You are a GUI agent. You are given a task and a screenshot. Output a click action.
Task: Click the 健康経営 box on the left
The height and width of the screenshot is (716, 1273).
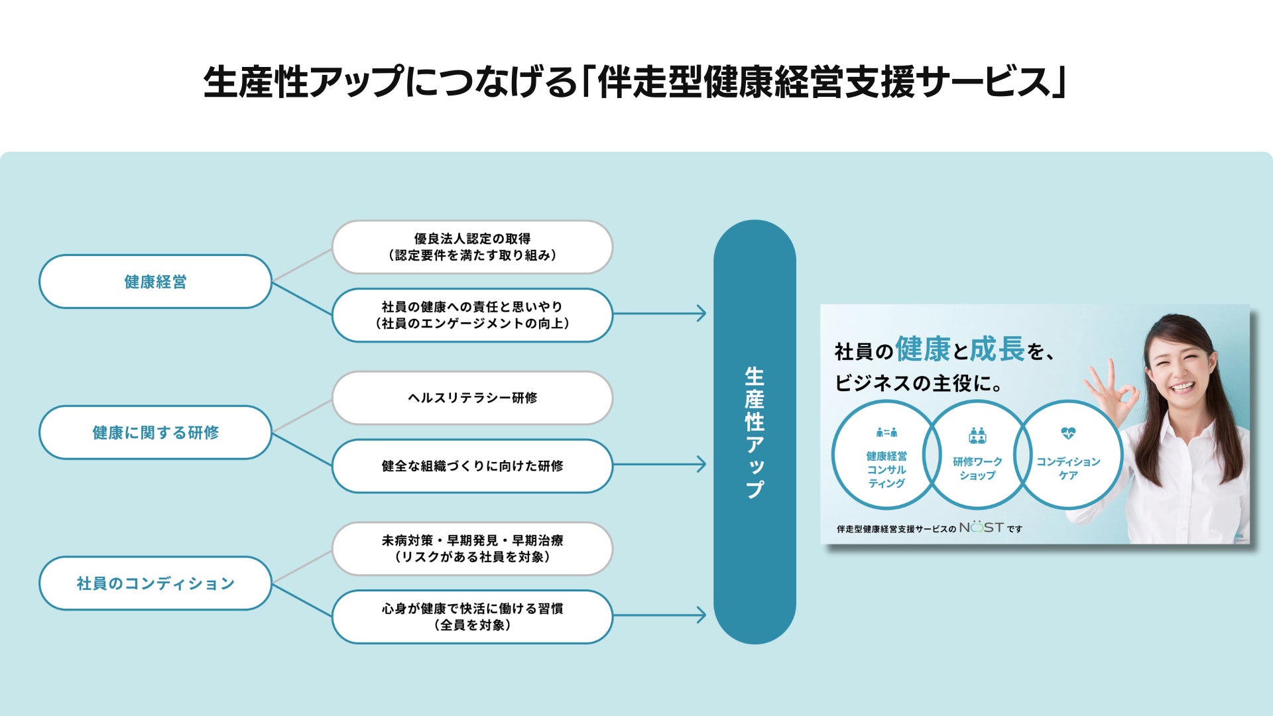pos(155,282)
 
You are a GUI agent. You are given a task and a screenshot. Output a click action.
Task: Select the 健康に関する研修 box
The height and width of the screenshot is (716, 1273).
pos(155,432)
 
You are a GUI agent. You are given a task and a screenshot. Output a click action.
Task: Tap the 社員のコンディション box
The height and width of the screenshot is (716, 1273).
pos(155,583)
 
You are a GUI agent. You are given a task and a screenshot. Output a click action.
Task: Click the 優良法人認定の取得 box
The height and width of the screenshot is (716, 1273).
pos(472,247)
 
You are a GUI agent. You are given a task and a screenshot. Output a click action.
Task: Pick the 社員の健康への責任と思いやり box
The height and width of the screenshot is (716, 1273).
pos(472,315)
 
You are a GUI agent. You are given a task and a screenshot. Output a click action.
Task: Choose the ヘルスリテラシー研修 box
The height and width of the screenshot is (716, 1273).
pos(472,398)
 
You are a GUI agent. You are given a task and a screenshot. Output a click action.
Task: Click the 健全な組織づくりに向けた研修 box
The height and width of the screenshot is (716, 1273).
pos(472,466)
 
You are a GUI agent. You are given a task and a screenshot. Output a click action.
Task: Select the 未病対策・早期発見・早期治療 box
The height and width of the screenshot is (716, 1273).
pos(472,549)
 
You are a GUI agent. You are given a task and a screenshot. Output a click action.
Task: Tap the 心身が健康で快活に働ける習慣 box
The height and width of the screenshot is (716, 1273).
pos(472,617)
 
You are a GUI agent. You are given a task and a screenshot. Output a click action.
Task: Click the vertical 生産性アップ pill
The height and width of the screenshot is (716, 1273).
pos(755,432)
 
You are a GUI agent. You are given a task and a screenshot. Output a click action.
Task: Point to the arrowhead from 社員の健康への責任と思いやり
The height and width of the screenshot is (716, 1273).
pos(701,313)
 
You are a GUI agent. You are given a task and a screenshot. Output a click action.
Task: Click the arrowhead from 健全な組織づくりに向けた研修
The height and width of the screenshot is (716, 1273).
pos(701,464)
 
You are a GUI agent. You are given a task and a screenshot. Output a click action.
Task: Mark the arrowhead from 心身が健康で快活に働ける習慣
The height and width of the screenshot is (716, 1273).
pos(701,615)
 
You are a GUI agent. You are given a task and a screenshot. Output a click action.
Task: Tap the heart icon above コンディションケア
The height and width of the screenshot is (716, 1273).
pos(1067,434)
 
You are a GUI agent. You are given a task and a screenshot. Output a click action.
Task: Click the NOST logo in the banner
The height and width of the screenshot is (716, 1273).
pos(981,528)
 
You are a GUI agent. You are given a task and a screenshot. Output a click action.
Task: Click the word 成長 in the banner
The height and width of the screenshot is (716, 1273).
pos(997,349)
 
